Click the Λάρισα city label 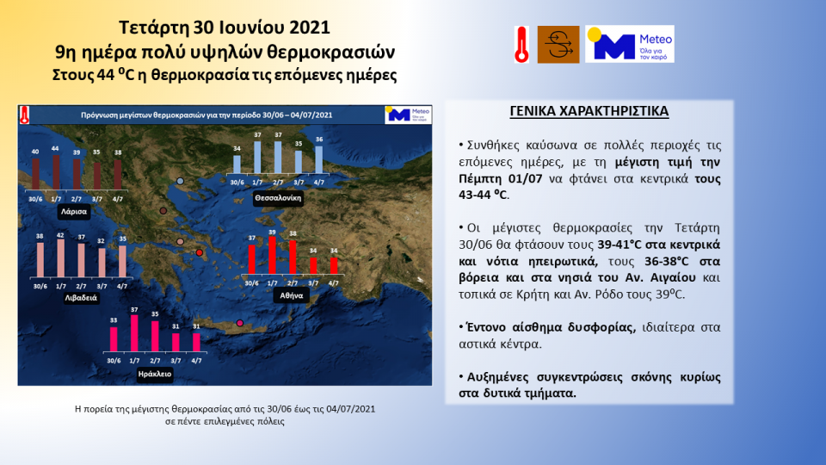point(73,210)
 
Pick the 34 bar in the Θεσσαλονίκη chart point(237,164)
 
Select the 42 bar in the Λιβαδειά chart point(59,257)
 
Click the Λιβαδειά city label point(78,297)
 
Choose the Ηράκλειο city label point(155,375)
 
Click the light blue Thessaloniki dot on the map point(180,181)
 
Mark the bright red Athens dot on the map point(200,252)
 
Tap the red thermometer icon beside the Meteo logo point(521,44)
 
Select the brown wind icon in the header point(558,44)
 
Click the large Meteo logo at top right point(629,44)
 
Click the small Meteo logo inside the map point(407,115)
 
